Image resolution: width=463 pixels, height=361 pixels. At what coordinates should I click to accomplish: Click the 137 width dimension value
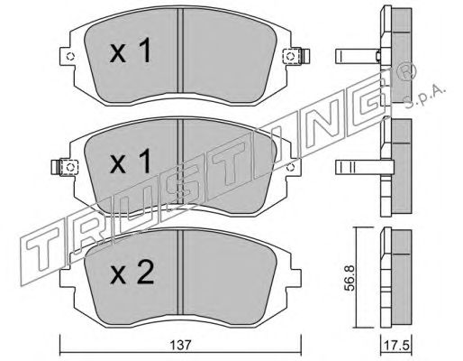(x=180, y=345)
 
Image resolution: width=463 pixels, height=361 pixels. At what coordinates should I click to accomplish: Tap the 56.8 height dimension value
(x=350, y=278)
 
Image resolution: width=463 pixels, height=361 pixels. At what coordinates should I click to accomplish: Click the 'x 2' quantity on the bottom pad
(x=132, y=273)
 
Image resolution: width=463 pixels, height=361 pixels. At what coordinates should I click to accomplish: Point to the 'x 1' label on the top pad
(x=130, y=51)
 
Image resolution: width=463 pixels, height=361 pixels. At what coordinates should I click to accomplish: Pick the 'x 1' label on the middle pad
(x=130, y=162)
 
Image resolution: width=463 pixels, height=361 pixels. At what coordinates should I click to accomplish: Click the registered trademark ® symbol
(x=407, y=72)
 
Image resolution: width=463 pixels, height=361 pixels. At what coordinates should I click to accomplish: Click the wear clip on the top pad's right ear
(x=297, y=56)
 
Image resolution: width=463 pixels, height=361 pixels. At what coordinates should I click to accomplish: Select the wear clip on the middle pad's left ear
(x=65, y=167)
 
